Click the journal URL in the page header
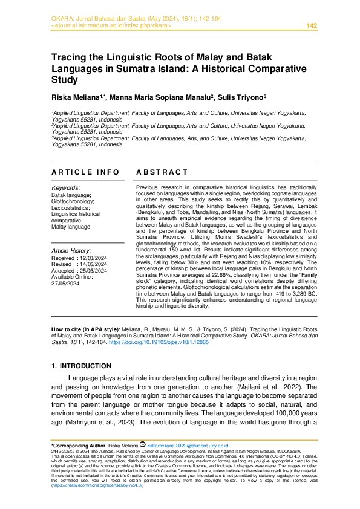(112, 25)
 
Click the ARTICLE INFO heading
(85, 172)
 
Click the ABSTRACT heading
(162, 172)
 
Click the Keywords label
(65, 189)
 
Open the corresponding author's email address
(181, 444)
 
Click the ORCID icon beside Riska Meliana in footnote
(143, 444)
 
